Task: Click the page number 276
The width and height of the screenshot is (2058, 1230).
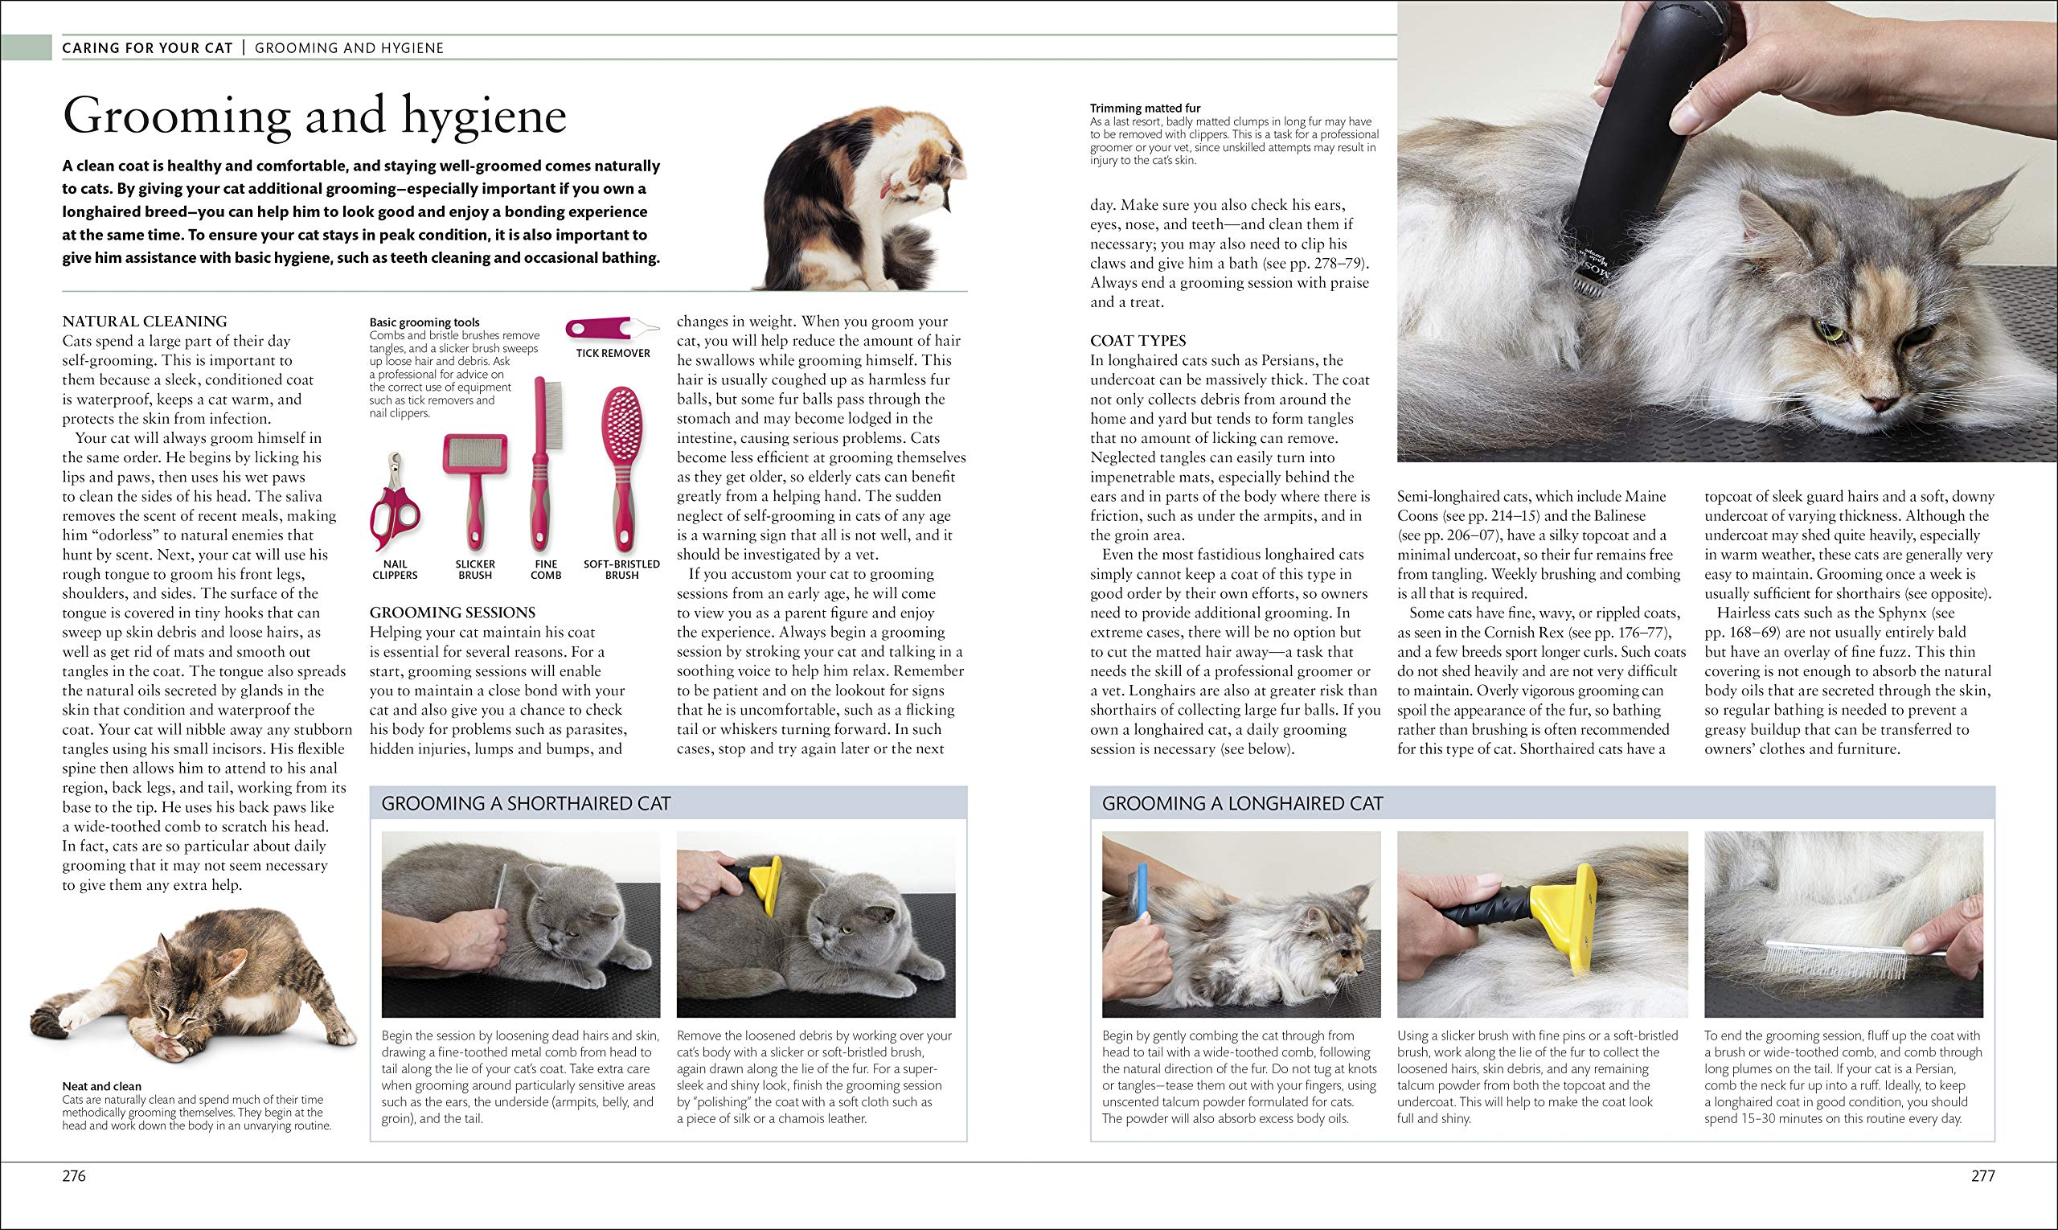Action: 74,1175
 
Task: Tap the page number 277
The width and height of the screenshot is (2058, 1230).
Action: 1982,1175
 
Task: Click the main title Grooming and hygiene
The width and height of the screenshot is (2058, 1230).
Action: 314,115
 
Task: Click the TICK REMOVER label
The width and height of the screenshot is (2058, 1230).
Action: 613,353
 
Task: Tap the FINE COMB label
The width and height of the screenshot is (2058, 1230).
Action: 545,569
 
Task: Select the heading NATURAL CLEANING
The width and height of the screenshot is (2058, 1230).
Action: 144,322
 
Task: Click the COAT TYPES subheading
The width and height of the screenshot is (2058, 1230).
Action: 1138,341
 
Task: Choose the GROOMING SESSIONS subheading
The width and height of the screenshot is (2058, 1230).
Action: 452,613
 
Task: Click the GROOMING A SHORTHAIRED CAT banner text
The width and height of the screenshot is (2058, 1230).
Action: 526,803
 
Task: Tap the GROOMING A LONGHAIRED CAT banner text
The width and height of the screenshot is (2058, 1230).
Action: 1241,803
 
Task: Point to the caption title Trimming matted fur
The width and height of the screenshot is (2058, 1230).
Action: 1145,108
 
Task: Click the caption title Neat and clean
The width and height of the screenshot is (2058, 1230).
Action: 101,1086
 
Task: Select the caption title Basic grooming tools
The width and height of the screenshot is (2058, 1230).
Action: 424,322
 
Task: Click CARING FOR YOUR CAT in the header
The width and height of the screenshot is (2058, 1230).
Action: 148,48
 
